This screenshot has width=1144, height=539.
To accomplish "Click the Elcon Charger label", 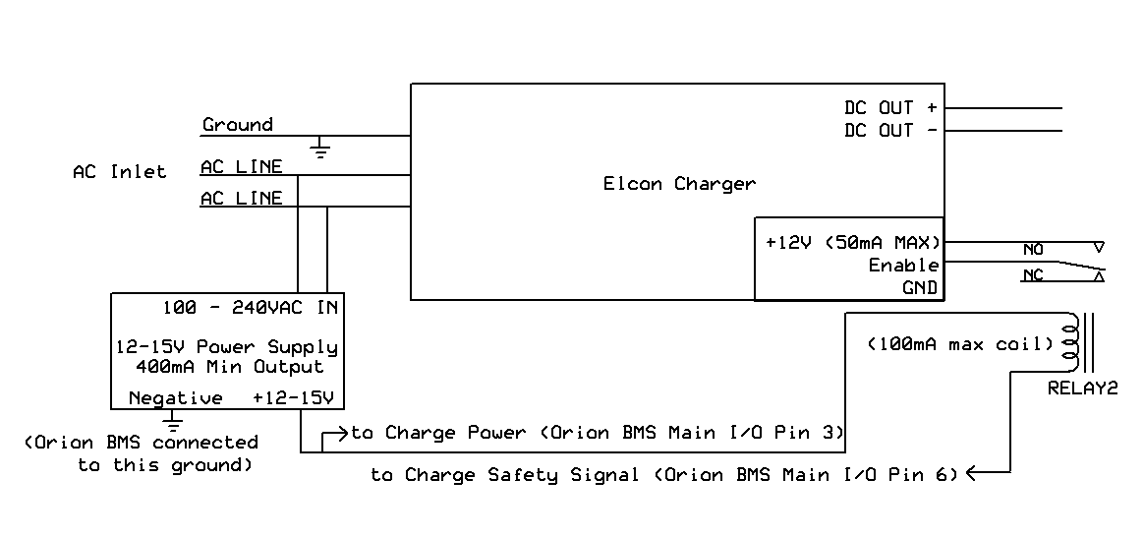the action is pyautogui.click(x=679, y=184).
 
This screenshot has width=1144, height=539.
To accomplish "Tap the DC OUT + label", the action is pyautogui.click(x=890, y=108).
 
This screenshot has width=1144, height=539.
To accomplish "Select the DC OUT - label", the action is pyautogui.click(x=890, y=131).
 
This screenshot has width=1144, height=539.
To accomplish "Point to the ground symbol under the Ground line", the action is pyautogui.click(x=319, y=149).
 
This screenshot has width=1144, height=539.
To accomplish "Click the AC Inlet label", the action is pyautogui.click(x=120, y=171).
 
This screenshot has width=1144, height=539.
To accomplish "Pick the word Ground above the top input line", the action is pyautogui.click(x=238, y=125).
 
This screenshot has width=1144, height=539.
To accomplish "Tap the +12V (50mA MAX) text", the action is pyautogui.click(x=853, y=243).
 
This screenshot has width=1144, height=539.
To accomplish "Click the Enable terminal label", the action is pyautogui.click(x=903, y=266).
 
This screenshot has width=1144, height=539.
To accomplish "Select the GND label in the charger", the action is pyautogui.click(x=920, y=288).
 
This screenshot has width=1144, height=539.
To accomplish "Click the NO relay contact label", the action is pyautogui.click(x=1033, y=250).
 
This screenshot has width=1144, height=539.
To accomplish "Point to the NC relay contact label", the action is pyautogui.click(x=1033, y=275).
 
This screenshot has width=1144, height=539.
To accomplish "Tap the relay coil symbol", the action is pyautogui.click(x=1071, y=342).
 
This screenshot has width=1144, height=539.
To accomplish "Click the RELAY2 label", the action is pyautogui.click(x=1083, y=389).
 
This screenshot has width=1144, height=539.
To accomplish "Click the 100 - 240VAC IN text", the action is pyautogui.click(x=251, y=308).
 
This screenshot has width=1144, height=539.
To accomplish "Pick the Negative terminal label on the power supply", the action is pyautogui.click(x=176, y=398).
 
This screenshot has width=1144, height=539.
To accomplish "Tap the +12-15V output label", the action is pyautogui.click(x=293, y=398).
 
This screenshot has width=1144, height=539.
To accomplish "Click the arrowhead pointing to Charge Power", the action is pyautogui.click(x=344, y=433).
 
